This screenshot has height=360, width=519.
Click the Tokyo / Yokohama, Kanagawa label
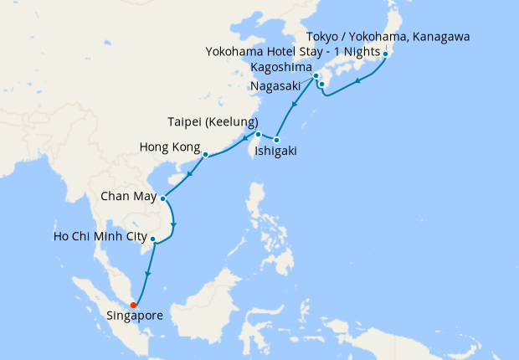(388, 37)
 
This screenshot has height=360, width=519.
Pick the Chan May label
(127, 198)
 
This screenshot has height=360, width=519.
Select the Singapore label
(136, 316)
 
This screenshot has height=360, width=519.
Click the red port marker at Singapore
(134, 304)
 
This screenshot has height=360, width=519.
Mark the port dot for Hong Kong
(205, 154)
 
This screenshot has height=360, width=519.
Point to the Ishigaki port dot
(277, 139)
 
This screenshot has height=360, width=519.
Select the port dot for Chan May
(162, 198)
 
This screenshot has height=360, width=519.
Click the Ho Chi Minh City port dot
(152, 239)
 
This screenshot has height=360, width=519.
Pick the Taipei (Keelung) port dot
(259, 134)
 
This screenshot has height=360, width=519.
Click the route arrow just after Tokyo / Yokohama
(359, 81)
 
